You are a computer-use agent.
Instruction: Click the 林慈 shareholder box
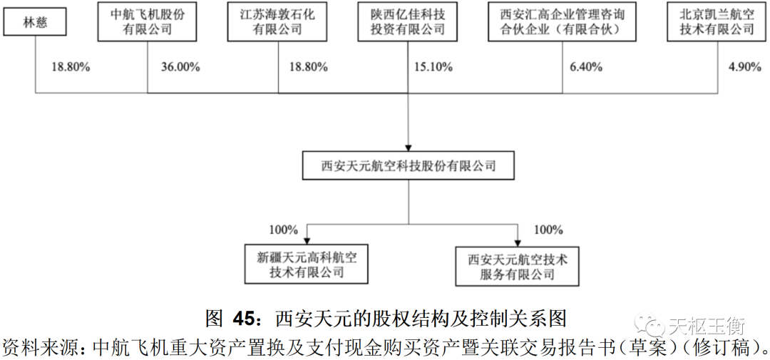pyautogui.click(x=35, y=22)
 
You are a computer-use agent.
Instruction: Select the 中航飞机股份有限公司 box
pyautogui.click(x=148, y=22)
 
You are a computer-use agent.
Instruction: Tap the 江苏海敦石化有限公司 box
pyautogui.click(x=278, y=22)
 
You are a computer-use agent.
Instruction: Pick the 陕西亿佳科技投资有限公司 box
pyautogui.click(x=409, y=22)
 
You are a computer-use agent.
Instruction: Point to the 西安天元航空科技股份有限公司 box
pyautogui.click(x=409, y=167)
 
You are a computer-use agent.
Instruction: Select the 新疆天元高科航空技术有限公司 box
pyautogui.click(x=307, y=264)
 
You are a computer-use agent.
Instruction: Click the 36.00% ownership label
pyautogui.click(x=180, y=68)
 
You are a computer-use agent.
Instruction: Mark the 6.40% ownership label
pyautogui.click(x=586, y=68)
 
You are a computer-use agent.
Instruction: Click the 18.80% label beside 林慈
pyautogui.click(x=71, y=68)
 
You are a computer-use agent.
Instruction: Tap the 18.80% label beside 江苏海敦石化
pyautogui.click(x=308, y=68)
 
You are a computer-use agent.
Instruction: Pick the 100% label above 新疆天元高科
pyautogui.click(x=283, y=230)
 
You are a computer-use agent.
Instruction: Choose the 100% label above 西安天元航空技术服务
pyautogui.click(x=548, y=230)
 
